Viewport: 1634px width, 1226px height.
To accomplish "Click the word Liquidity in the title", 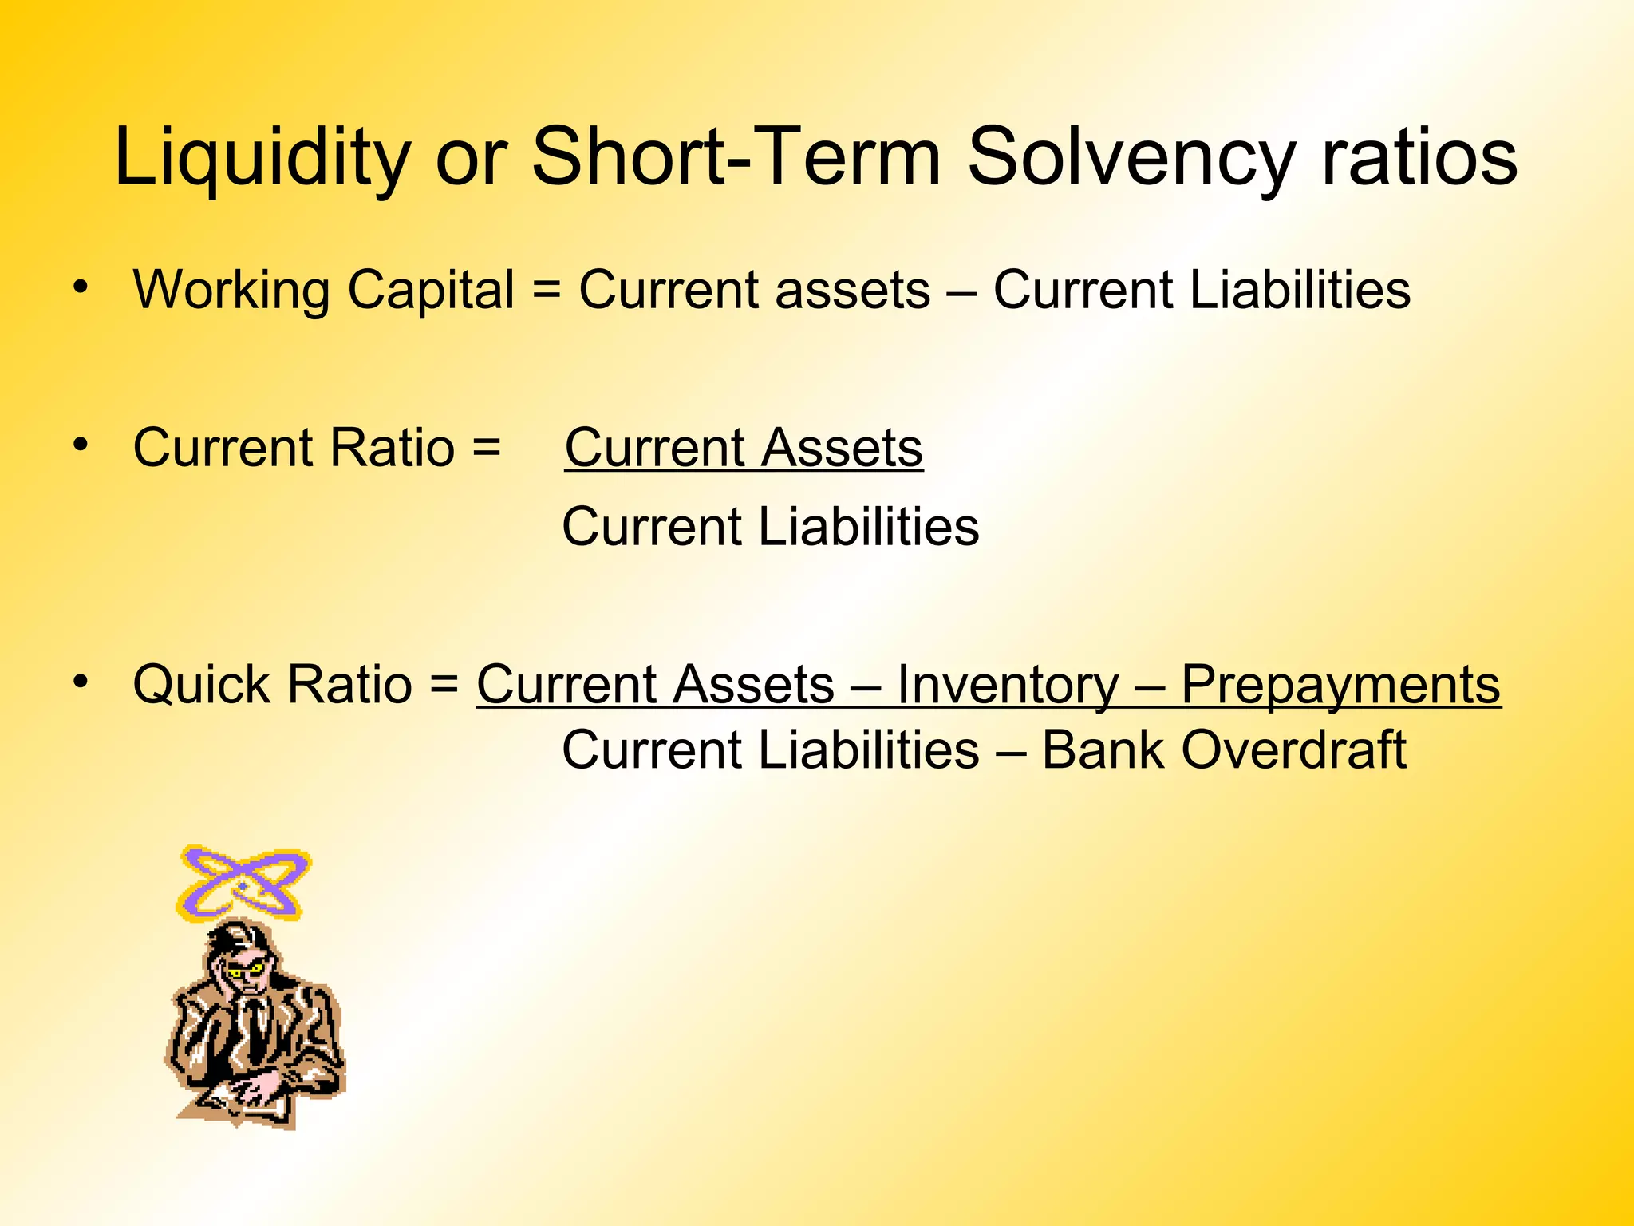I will coord(262,157).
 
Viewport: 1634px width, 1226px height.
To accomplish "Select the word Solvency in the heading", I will coord(1131,157).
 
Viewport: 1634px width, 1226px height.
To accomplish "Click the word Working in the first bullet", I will coord(231,289).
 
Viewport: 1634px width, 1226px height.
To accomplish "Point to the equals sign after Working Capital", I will coord(547,289).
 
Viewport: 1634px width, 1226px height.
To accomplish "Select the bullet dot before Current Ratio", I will coord(80,444).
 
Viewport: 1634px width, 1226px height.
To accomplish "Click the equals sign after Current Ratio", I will coord(486,447).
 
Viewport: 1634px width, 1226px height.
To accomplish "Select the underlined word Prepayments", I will coord(1340,685).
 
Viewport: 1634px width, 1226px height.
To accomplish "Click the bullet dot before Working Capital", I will coord(80,287).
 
